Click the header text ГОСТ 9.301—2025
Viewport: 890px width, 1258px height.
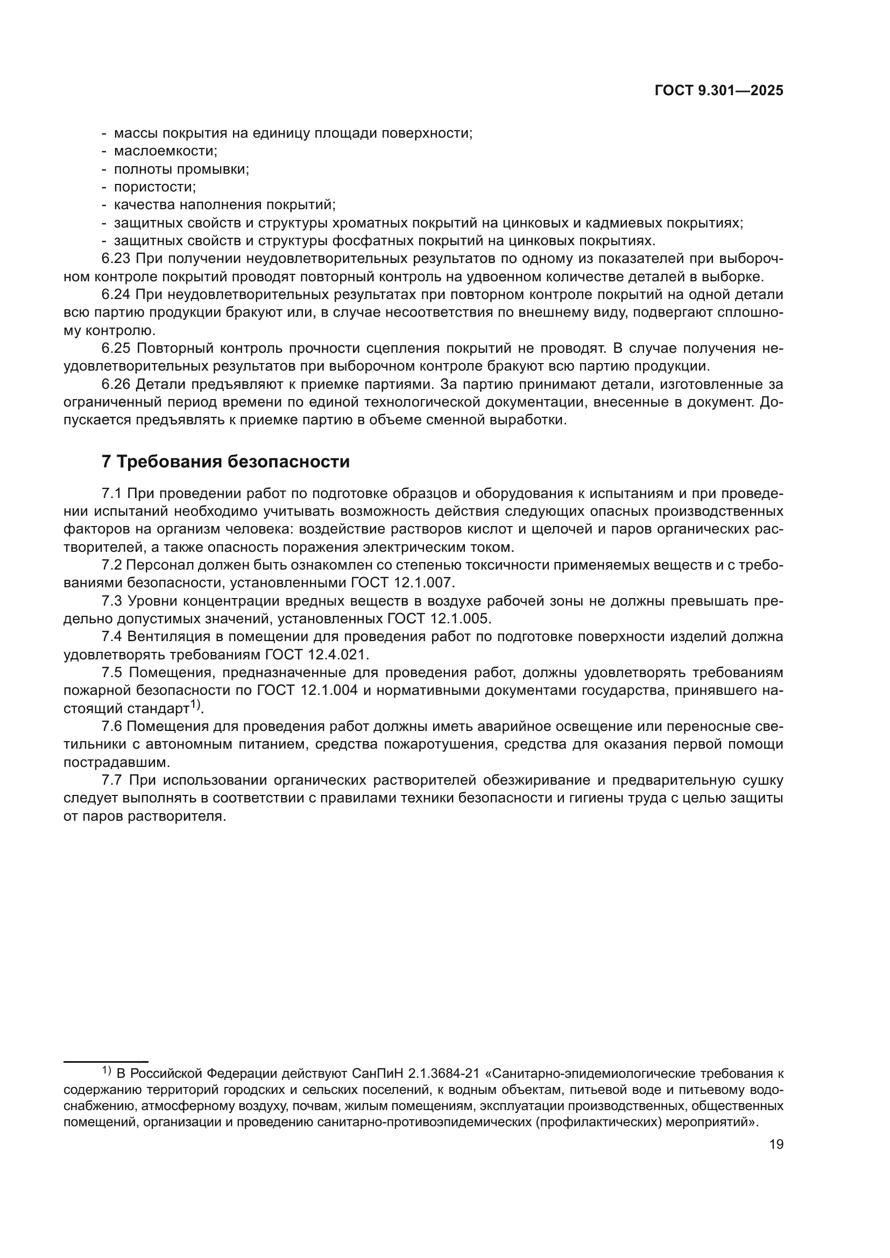(719, 91)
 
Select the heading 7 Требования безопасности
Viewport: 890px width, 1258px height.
(225, 462)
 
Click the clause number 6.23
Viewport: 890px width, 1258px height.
(116, 259)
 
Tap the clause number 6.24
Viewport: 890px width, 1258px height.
(116, 295)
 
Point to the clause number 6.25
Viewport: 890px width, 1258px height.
(116, 349)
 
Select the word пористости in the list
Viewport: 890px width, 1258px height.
(154, 187)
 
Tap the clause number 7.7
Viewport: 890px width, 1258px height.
(112, 780)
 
